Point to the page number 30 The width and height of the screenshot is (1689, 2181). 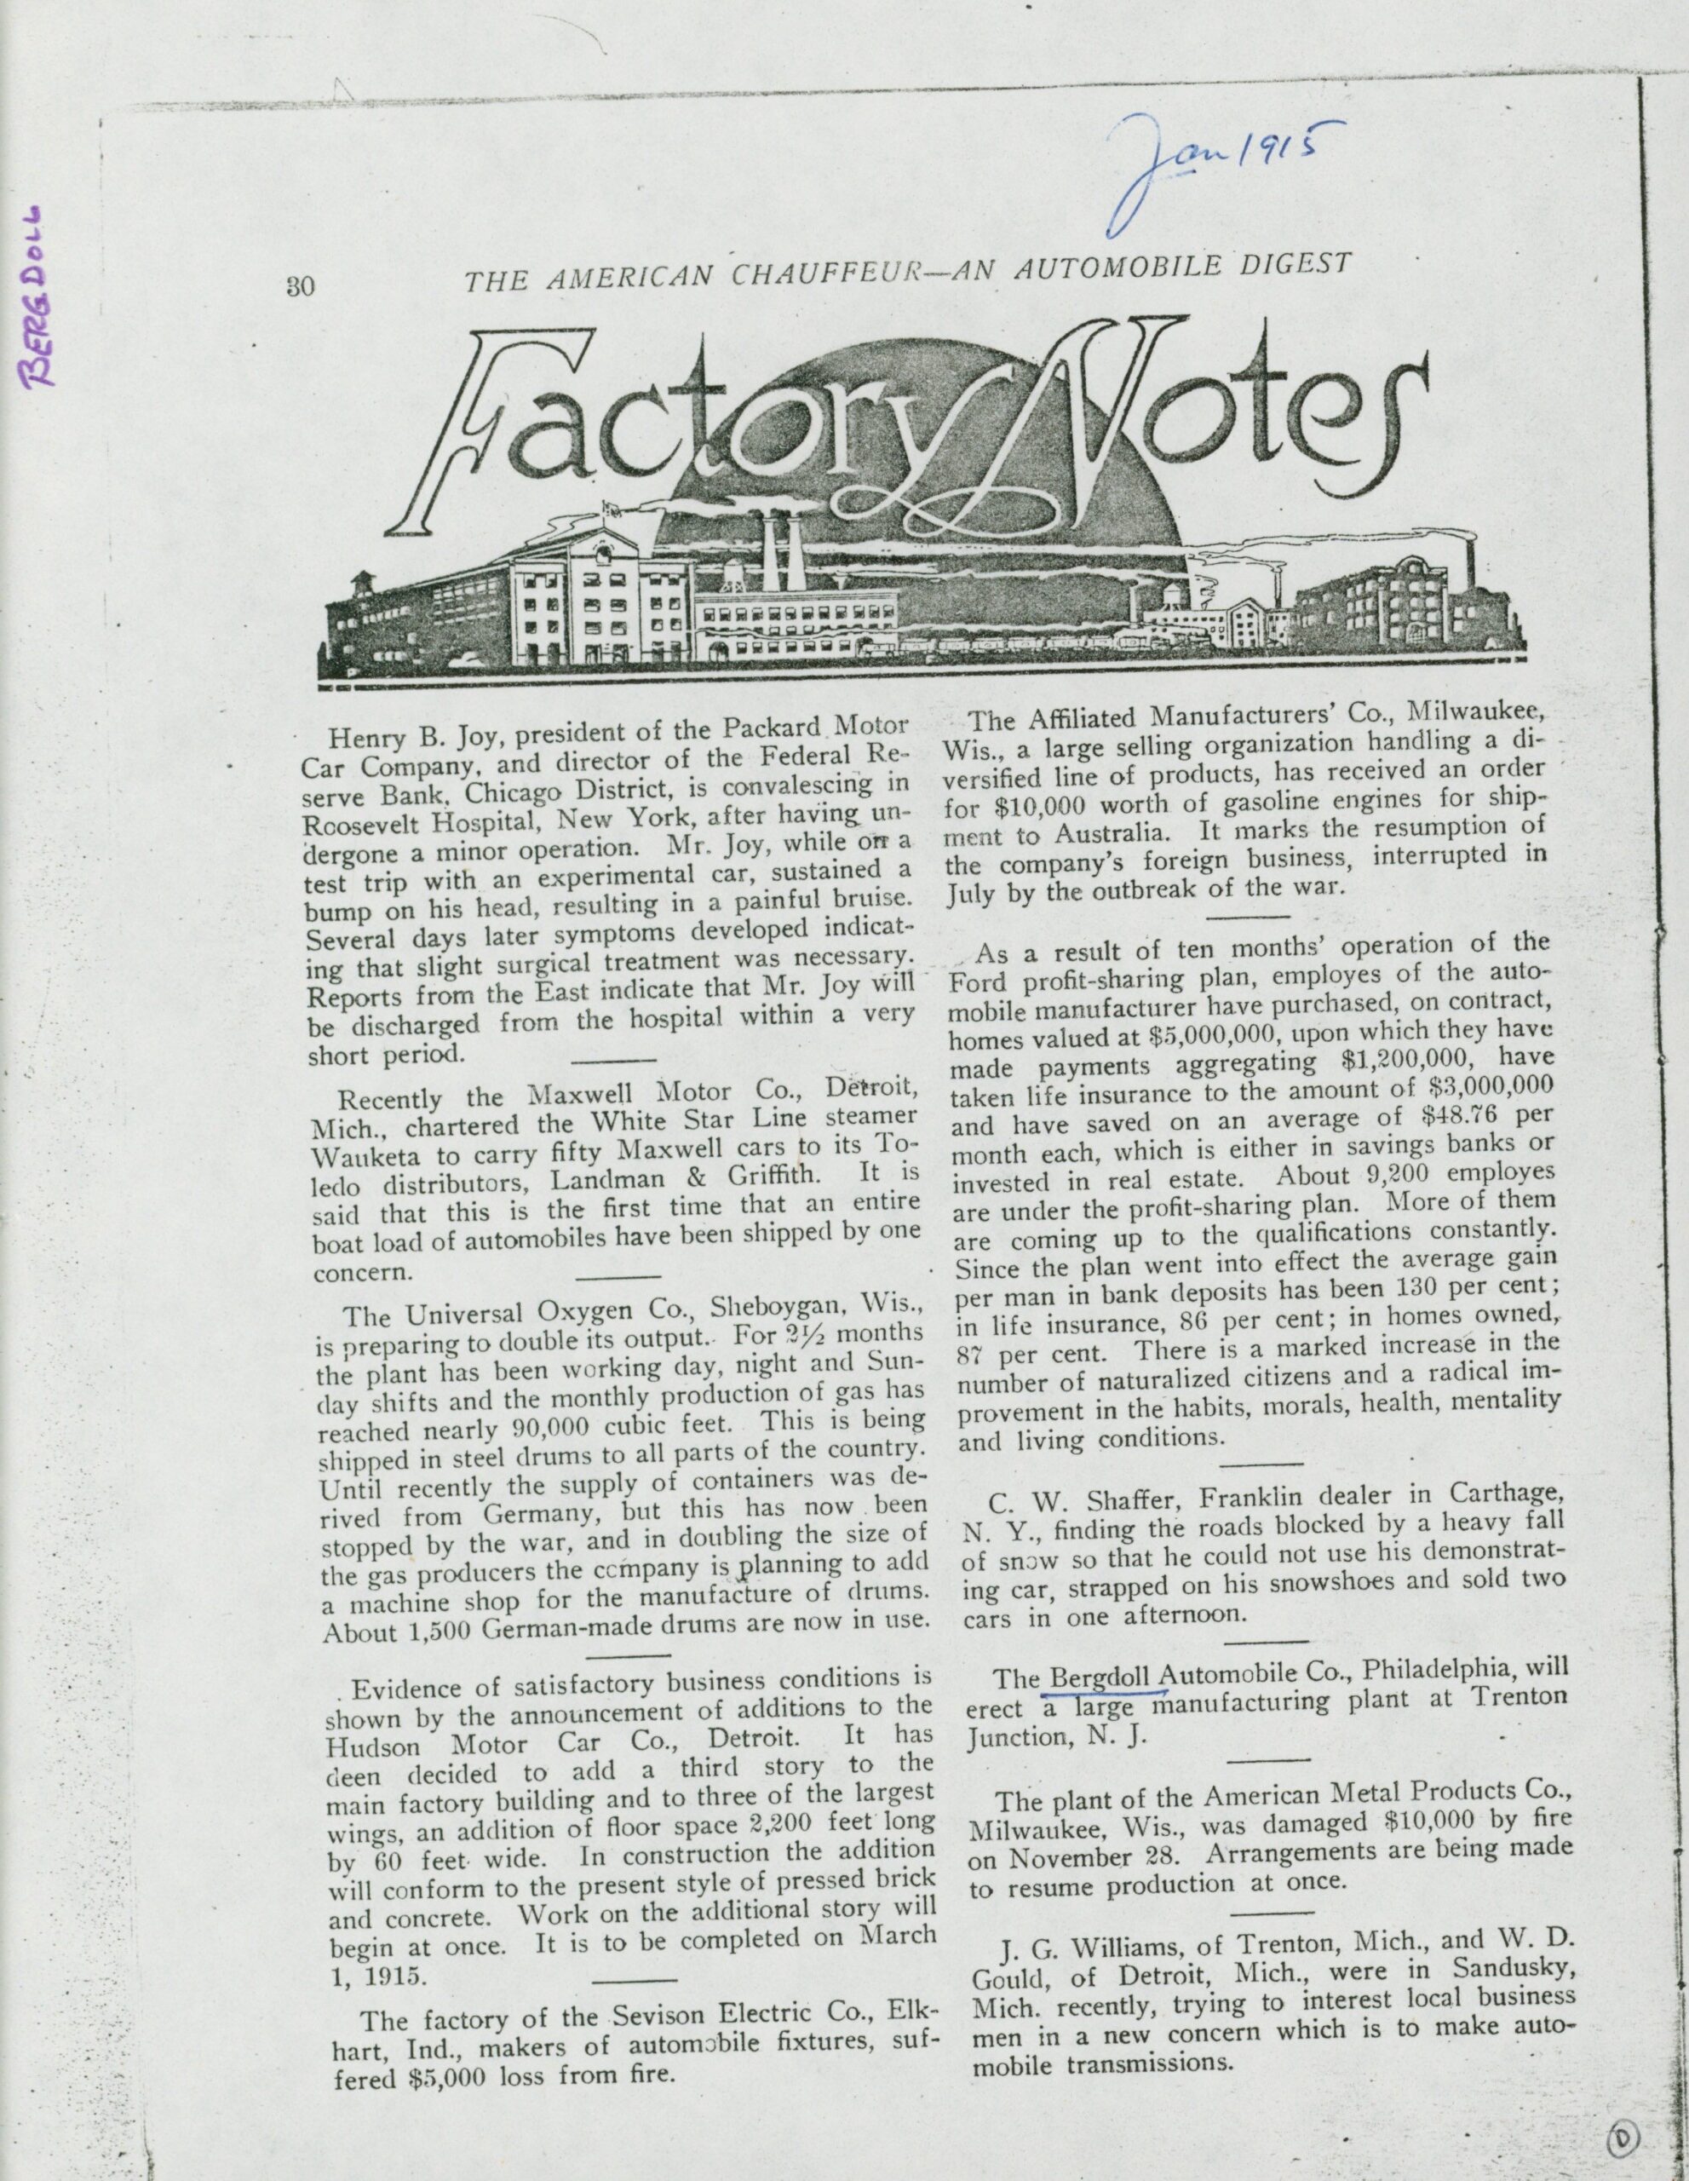point(301,285)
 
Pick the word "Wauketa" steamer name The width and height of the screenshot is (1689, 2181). point(361,1160)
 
